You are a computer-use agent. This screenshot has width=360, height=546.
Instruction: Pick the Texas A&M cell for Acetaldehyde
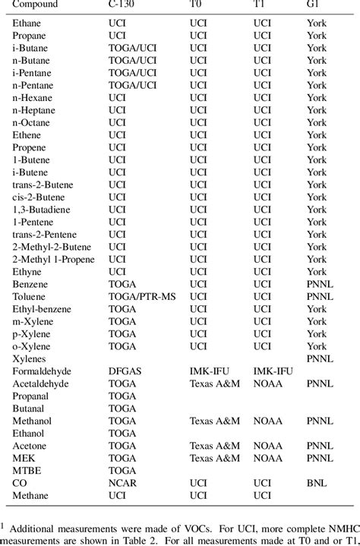coord(213,383)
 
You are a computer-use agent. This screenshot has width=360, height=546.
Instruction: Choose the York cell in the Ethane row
coord(317,24)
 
